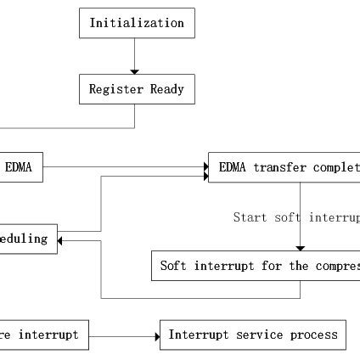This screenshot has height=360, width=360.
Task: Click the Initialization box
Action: tap(137, 23)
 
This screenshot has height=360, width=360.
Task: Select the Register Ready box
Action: tap(137, 89)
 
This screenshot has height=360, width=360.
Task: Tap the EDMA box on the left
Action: tap(20, 167)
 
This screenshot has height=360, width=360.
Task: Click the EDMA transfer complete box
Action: tap(284, 167)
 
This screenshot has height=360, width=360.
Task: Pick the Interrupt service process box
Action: tap(253, 335)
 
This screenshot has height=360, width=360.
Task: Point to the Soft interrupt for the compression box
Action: tap(256, 266)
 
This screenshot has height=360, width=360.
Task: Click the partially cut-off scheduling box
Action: tap(27, 239)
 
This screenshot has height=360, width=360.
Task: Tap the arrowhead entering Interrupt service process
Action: tap(157, 337)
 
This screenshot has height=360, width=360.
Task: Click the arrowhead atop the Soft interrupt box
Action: tap(300, 248)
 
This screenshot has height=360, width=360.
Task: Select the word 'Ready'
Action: tap(167, 89)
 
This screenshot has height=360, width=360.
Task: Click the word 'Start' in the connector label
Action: tap(250, 217)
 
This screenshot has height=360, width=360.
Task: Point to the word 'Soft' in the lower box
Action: tap(173, 266)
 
